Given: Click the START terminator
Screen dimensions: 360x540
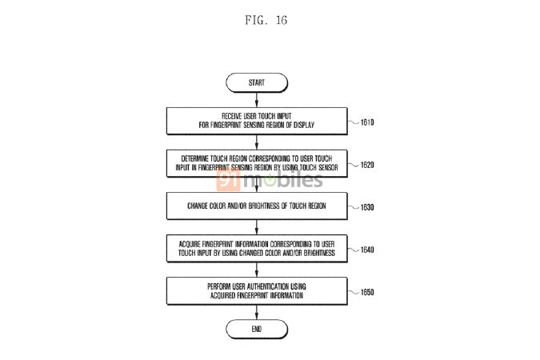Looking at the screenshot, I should coord(256,82).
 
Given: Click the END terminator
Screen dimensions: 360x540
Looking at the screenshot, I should coord(256,329).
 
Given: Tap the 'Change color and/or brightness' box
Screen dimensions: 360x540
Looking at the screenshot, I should coord(256,206).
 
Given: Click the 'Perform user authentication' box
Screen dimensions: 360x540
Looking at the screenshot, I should coord(256,290).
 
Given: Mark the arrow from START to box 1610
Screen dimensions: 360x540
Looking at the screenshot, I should coord(256,99).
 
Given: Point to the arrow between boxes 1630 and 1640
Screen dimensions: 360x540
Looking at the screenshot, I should coord(256,227).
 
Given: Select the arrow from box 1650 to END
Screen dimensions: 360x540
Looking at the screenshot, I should coord(256,311).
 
